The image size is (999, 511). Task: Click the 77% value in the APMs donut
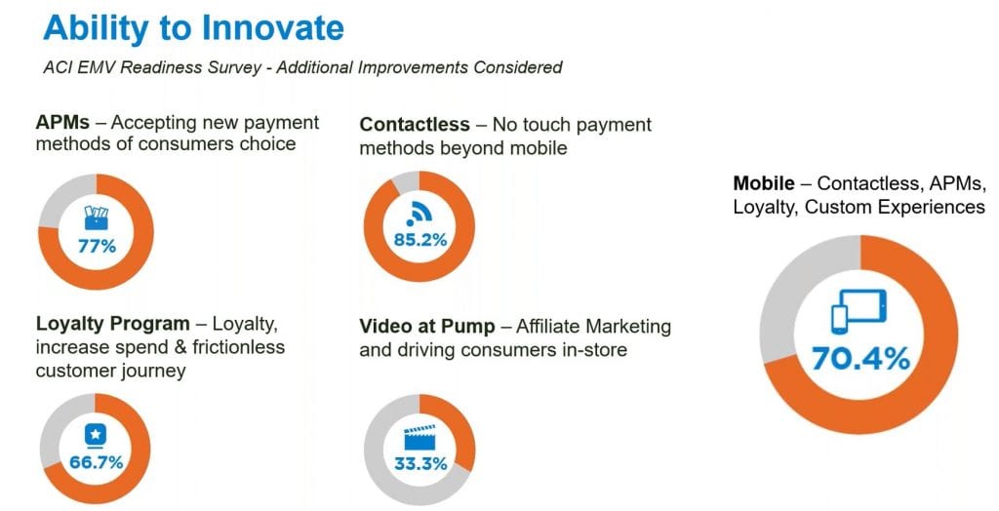pos(97,246)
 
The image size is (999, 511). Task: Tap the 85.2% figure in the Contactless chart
pos(420,240)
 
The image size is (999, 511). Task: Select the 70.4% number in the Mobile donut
pos(860,359)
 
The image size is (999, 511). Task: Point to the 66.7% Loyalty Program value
pos(97,462)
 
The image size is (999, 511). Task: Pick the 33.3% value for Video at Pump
pos(420,463)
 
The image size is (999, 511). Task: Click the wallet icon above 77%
pos(97,217)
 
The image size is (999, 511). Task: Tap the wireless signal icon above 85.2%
pos(420,215)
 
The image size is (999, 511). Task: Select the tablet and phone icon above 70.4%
pos(859,311)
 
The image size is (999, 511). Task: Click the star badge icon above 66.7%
pos(96,437)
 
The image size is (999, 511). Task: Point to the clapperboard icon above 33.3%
pos(420,437)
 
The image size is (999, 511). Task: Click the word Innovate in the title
pos(273,27)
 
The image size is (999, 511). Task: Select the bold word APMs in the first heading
pos(62,122)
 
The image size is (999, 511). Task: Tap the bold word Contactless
pos(415,124)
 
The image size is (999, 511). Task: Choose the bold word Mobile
pos(764,183)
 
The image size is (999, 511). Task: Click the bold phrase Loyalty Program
pos(113,324)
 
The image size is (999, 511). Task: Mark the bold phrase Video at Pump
pos(427,327)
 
